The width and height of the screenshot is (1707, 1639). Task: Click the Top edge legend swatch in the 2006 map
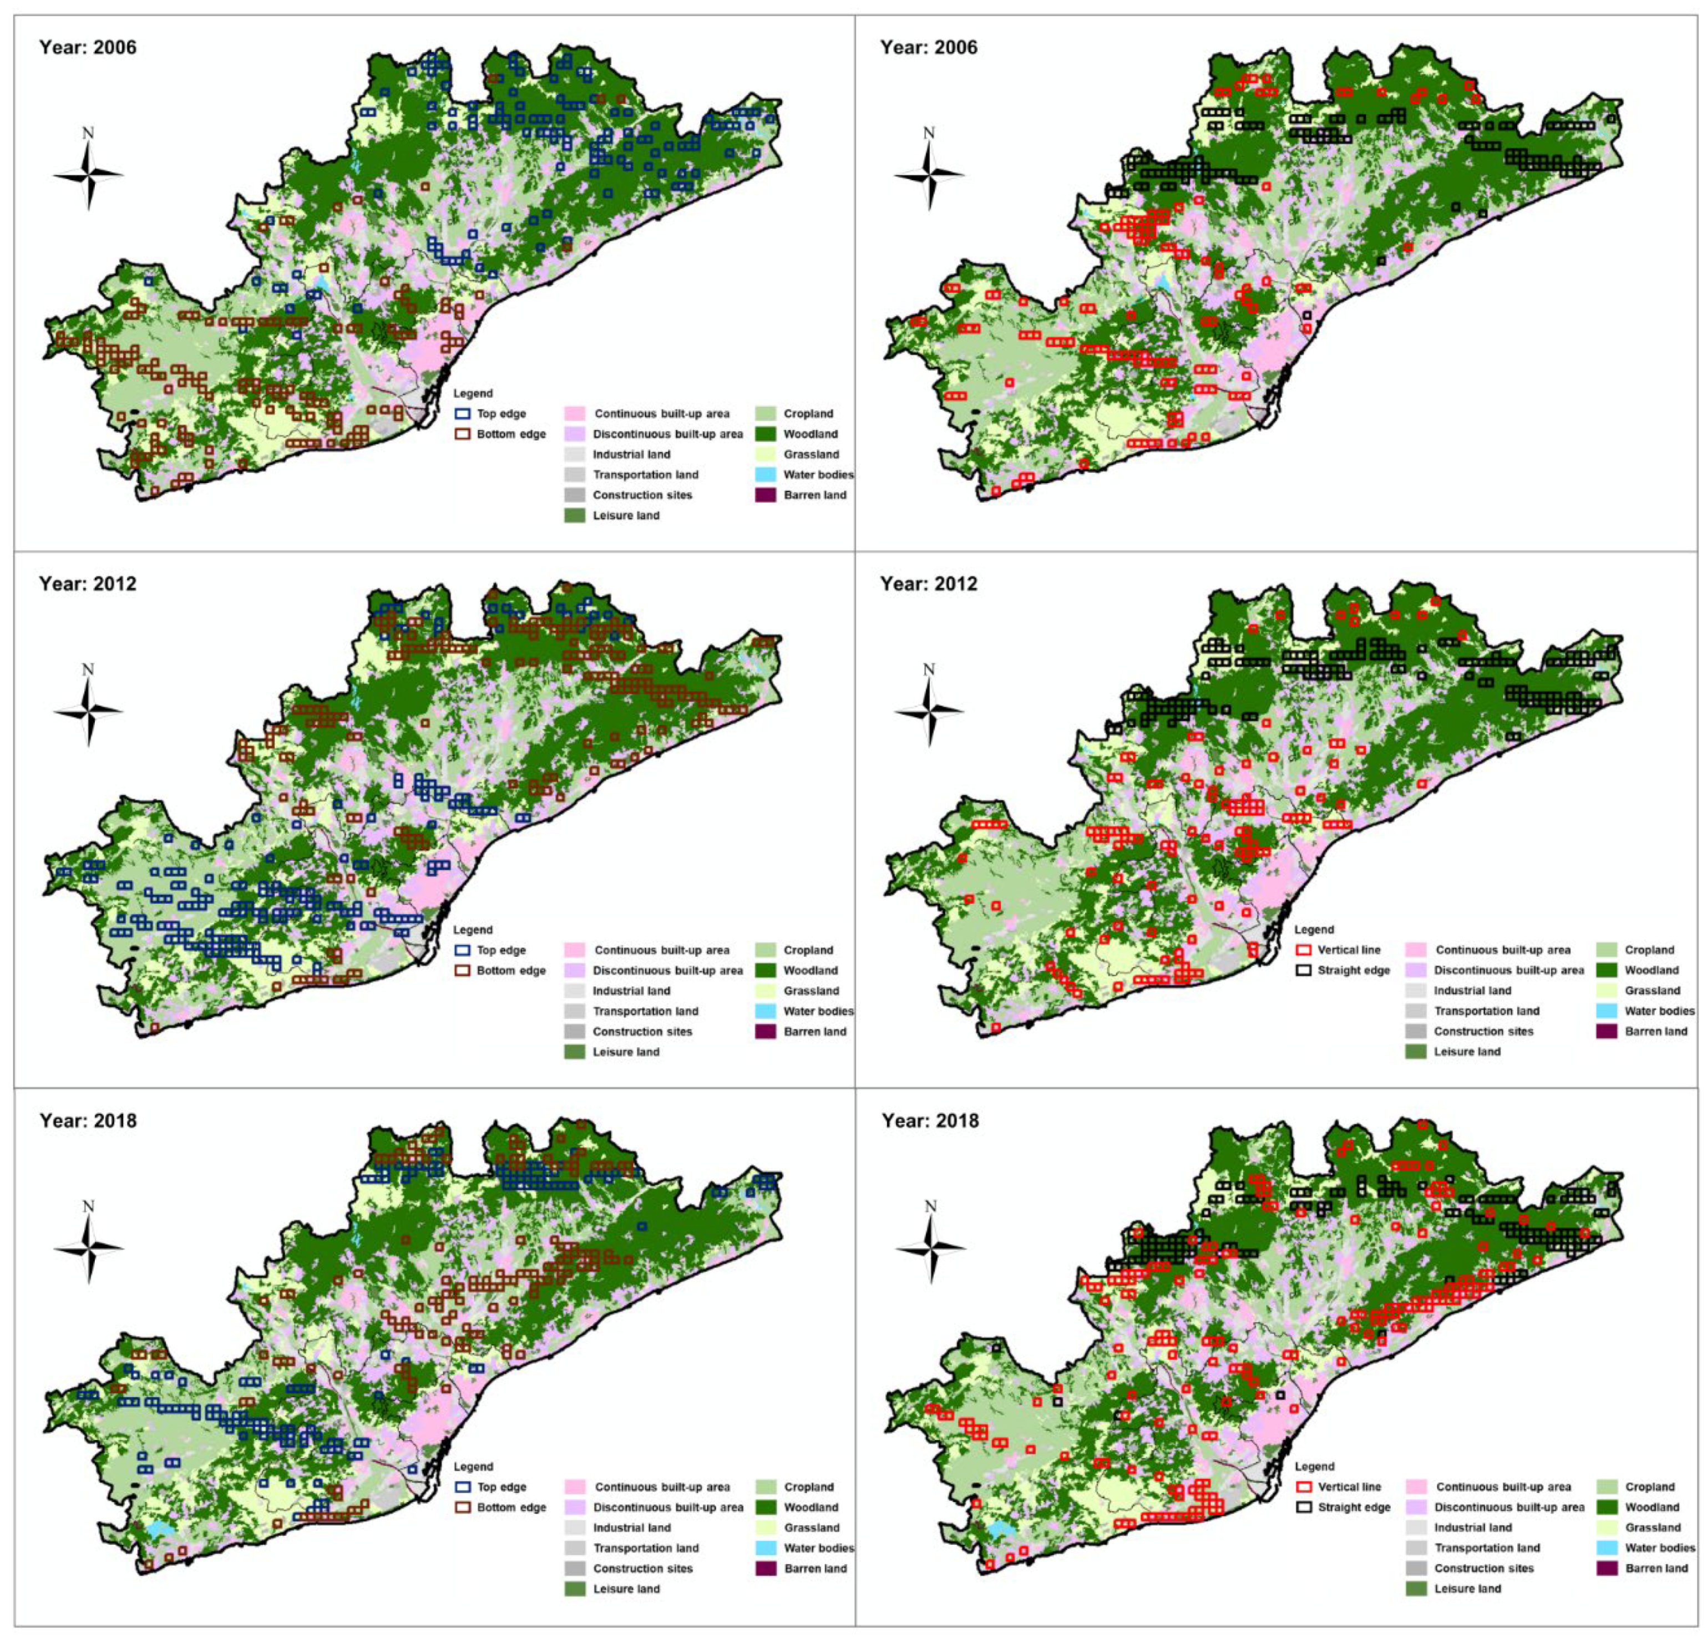pyautogui.click(x=463, y=414)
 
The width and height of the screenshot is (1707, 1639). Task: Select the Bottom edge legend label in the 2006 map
pyautogui.click(x=511, y=434)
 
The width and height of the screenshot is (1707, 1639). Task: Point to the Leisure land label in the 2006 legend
pyautogui.click(x=626, y=516)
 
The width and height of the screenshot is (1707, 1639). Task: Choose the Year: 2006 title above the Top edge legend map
pyautogui.click(x=88, y=47)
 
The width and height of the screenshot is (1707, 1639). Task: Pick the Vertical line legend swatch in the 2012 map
pyautogui.click(x=1304, y=950)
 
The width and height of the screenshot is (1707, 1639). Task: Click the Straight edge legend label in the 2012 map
pyautogui.click(x=1354, y=970)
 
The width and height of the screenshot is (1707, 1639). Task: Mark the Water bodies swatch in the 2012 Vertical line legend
pyautogui.click(x=1606, y=1011)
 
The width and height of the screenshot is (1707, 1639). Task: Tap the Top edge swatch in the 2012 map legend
pyautogui.click(x=463, y=950)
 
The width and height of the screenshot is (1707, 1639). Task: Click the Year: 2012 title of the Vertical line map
pyautogui.click(x=929, y=583)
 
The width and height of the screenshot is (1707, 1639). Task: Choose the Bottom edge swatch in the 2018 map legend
pyautogui.click(x=463, y=1508)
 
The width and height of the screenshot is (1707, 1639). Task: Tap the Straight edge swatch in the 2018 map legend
pyautogui.click(x=1304, y=1508)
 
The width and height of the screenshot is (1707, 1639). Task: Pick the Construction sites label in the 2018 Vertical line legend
pyautogui.click(x=1484, y=1569)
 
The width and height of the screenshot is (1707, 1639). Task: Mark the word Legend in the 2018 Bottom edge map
pyautogui.click(x=473, y=1467)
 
